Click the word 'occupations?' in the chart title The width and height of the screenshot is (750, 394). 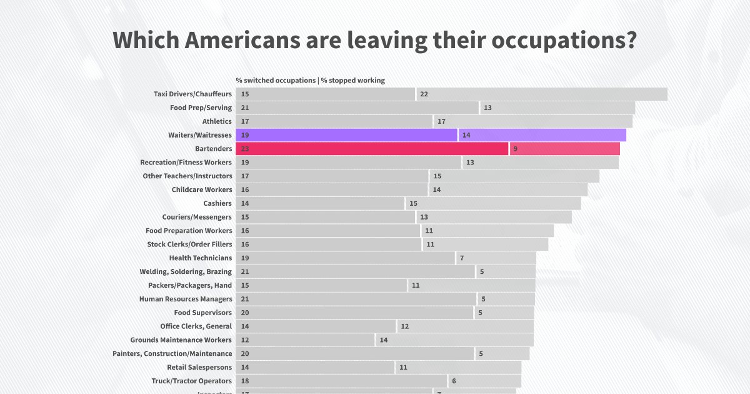tap(564, 41)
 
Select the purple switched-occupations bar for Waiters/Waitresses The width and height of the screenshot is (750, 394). tap(347, 135)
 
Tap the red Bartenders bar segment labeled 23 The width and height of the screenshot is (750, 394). tap(372, 149)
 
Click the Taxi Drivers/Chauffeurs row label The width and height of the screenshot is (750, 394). tap(192, 94)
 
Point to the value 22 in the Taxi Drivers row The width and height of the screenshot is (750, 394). tap(424, 94)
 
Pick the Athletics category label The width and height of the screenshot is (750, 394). tap(217, 121)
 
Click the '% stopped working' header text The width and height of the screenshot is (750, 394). tap(353, 81)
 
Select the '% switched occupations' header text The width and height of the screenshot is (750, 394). tap(276, 81)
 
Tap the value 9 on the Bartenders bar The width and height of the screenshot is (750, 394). tap(515, 149)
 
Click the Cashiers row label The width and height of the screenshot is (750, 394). tap(217, 203)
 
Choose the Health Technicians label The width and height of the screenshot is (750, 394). tap(200, 258)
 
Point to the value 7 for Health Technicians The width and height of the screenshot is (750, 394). tap(461, 258)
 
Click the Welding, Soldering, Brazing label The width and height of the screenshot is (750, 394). tap(186, 271)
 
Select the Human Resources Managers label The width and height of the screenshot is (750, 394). tap(186, 299)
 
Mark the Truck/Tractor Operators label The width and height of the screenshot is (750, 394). tap(191, 381)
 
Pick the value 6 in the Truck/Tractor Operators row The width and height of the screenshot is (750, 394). tap(454, 381)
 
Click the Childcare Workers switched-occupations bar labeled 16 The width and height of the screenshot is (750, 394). tap(331, 189)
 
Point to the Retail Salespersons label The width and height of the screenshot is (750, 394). tap(199, 367)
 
